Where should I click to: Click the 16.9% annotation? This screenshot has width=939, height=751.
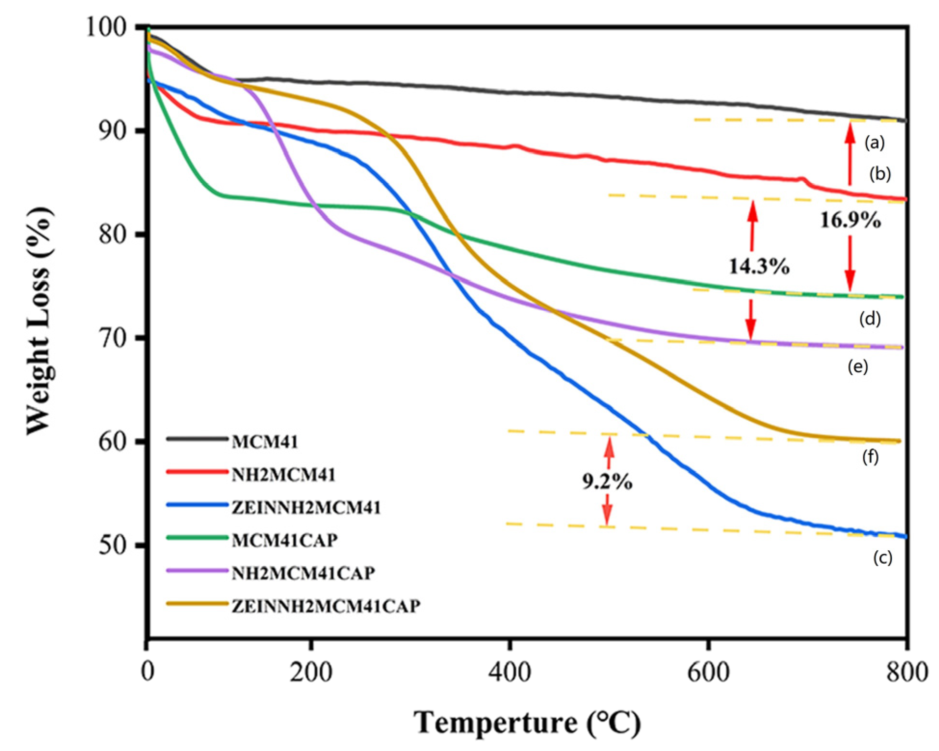[x=851, y=220]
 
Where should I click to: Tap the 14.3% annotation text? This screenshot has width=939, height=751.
[x=759, y=266]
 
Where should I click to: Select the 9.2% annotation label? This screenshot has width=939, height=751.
[x=607, y=481]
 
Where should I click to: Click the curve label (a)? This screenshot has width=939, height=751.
[x=874, y=142]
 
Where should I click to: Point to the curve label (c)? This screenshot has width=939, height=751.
[x=883, y=557]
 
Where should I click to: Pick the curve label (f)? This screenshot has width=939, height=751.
[x=870, y=456]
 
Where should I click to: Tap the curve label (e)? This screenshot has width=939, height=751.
[x=858, y=367]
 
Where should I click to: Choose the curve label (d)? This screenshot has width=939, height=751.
[x=870, y=319]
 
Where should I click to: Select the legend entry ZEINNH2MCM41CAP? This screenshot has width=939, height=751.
[x=326, y=606]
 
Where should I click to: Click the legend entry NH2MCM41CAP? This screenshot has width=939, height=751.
[x=303, y=573]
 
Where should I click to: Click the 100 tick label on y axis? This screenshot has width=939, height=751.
[x=107, y=27]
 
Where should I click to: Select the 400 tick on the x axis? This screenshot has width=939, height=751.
[x=509, y=672]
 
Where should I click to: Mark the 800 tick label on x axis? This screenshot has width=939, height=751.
[x=907, y=672]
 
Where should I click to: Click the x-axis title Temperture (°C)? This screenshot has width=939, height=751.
[x=527, y=723]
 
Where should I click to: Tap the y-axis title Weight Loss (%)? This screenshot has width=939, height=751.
[x=38, y=320]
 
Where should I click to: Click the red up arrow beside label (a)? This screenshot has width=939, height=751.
[x=850, y=154]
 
